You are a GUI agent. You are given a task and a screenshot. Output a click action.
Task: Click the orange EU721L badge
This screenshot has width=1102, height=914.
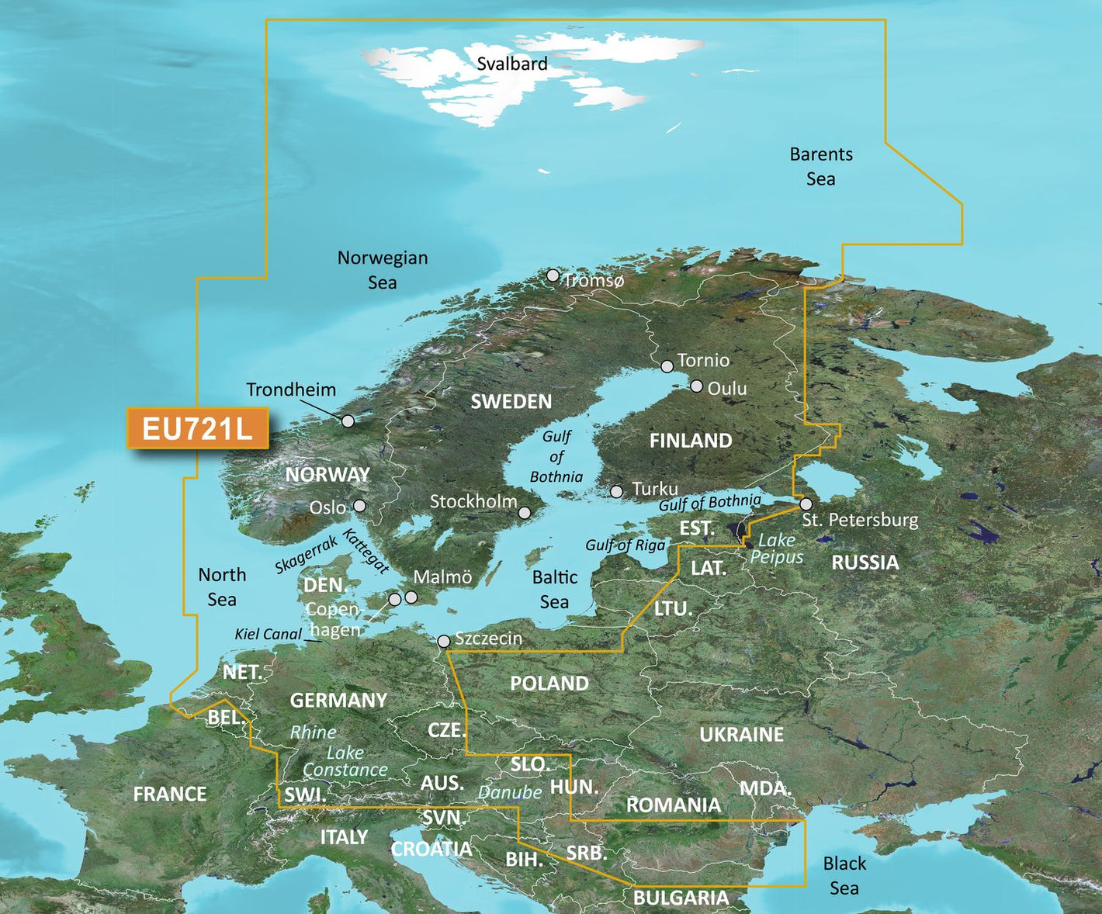tap(197, 428)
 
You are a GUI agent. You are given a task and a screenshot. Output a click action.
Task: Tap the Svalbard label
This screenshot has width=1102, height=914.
tap(511, 64)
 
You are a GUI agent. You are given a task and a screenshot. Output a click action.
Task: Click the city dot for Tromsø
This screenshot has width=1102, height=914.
tap(553, 275)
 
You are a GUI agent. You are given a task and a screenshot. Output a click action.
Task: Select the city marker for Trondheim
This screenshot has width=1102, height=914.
tap(348, 421)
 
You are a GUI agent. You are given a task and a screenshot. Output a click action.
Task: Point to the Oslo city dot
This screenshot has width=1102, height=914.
tap(359, 506)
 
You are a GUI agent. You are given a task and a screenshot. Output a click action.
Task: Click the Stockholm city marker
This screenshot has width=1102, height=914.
tap(525, 513)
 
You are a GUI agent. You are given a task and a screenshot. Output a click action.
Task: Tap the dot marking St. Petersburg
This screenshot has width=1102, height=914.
tap(806, 504)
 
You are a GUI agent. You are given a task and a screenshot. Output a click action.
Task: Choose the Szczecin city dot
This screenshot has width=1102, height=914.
tap(444, 641)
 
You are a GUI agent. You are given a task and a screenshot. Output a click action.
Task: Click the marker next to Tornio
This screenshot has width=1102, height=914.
tap(667, 366)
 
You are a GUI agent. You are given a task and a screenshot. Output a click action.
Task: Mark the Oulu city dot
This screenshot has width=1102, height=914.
tap(696, 386)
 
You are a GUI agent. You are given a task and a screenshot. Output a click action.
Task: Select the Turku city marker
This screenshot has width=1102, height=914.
tap(616, 491)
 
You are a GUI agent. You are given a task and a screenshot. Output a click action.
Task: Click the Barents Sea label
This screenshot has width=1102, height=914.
tap(821, 166)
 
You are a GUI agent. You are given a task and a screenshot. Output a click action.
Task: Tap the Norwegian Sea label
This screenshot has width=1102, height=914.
tap(382, 269)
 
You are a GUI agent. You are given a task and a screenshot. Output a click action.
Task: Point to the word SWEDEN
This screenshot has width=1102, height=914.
tap(511, 401)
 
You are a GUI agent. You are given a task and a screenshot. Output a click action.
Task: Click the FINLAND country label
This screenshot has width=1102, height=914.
tap(690, 441)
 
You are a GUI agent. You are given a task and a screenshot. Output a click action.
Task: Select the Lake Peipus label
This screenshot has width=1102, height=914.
tap(777, 548)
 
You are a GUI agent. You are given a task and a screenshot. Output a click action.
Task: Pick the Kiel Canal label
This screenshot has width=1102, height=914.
tap(268, 634)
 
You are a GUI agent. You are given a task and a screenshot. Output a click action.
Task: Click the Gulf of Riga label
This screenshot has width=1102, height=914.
tap(625, 545)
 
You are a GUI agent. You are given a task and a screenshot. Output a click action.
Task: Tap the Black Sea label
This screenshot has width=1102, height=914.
tap(844, 875)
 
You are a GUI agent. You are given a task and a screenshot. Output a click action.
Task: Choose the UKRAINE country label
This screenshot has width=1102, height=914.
tap(741, 734)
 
